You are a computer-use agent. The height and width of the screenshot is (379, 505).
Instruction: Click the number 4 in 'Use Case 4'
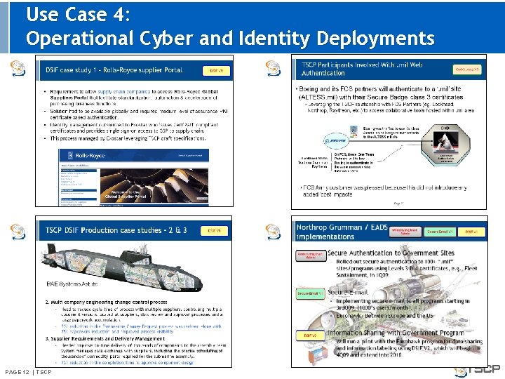coord(119,14)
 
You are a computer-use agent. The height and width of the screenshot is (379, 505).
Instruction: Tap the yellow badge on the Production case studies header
coord(213,230)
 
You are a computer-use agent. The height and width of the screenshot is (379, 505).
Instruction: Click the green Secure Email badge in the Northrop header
coord(441,231)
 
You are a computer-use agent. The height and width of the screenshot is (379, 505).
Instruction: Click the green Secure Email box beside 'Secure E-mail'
coord(310,293)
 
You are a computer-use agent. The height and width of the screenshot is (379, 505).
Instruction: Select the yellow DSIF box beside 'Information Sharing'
coord(310,335)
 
